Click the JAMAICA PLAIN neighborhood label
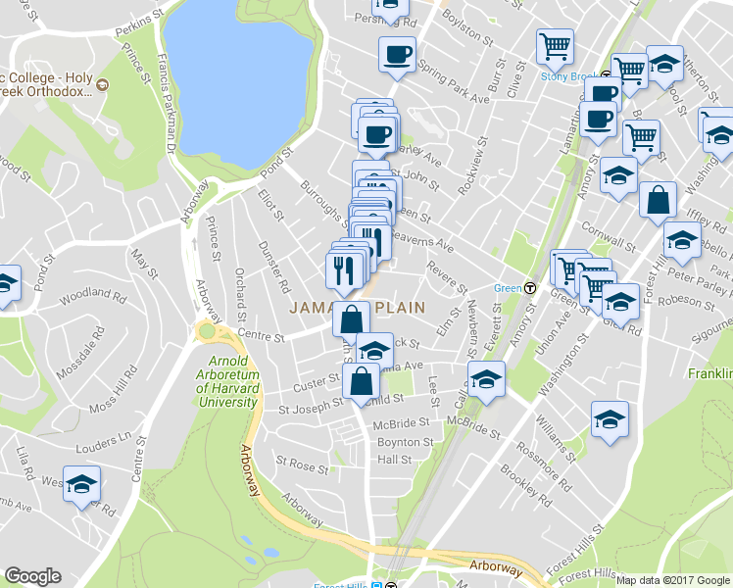[x=357, y=307]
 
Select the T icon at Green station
[x=530, y=288]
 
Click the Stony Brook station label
[x=568, y=75]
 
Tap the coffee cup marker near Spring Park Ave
[x=397, y=55]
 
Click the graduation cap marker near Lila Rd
[x=82, y=484]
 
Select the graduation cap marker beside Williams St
[x=610, y=419]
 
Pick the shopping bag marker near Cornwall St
[x=658, y=200]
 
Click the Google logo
[x=32, y=576]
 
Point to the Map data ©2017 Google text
[x=672, y=579]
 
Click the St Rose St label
[x=300, y=461]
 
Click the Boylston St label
[x=465, y=26]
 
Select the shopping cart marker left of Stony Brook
[x=555, y=46]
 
